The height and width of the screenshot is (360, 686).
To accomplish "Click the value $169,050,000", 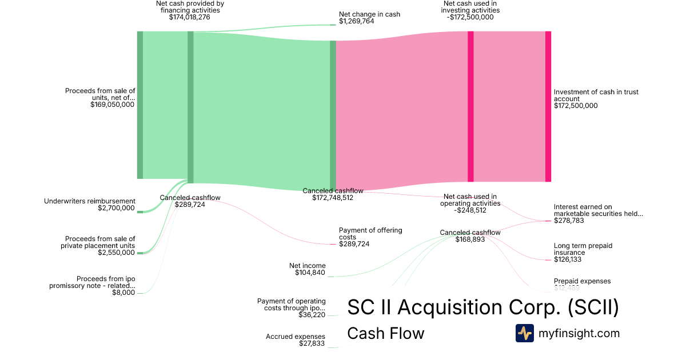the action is tap(113, 105).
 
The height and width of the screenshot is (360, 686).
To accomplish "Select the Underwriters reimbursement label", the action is tap(90, 201).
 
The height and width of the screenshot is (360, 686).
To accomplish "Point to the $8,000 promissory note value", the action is tap(124, 293).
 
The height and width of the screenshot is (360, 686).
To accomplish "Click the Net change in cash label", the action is tap(369, 14).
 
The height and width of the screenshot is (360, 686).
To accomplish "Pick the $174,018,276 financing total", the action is tap(190, 17).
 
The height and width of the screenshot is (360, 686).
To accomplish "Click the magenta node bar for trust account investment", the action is tap(548, 106).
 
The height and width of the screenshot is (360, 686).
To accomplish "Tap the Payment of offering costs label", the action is tap(370, 234).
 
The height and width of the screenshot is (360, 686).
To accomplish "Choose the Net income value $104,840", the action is tap(310, 273).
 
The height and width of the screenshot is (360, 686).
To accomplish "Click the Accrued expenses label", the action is tap(296, 337).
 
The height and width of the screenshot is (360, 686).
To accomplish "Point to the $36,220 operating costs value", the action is tap(312, 315).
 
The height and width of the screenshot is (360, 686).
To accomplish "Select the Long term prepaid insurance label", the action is tap(583, 249).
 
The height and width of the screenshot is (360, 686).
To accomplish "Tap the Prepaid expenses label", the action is tap(582, 281).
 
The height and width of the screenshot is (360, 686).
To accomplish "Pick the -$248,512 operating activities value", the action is tap(470, 210).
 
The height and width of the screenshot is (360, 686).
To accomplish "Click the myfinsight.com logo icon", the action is tap(524, 333).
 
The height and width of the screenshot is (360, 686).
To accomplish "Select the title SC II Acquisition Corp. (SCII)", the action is tap(483, 307).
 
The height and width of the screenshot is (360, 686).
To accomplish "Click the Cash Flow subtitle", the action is tap(386, 334).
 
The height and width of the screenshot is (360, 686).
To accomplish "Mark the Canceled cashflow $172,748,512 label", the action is tap(333, 194).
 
